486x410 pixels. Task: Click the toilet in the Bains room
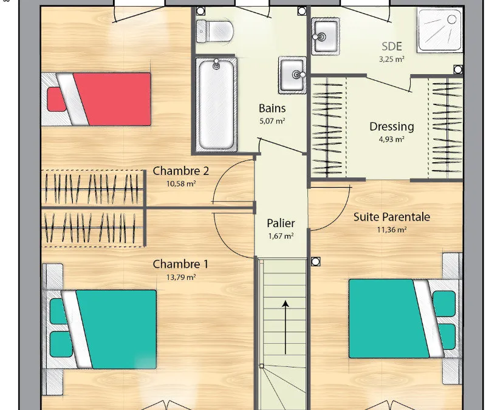point(215,31)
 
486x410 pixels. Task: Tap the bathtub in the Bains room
point(216,104)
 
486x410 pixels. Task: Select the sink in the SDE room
point(325,36)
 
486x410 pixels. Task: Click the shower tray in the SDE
point(440,30)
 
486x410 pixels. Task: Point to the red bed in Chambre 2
point(96,99)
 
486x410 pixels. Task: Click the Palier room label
point(281,223)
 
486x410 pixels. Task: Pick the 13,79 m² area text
point(181,277)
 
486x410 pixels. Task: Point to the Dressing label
point(392,127)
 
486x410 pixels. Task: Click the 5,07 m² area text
point(272,121)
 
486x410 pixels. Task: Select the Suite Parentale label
point(392,217)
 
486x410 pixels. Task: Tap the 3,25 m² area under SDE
point(392,59)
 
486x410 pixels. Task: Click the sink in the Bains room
point(292,75)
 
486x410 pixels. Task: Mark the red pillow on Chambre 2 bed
point(57,99)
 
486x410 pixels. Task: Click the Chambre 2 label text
point(181,171)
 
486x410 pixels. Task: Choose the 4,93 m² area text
point(392,140)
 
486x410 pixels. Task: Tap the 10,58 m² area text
point(181,184)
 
